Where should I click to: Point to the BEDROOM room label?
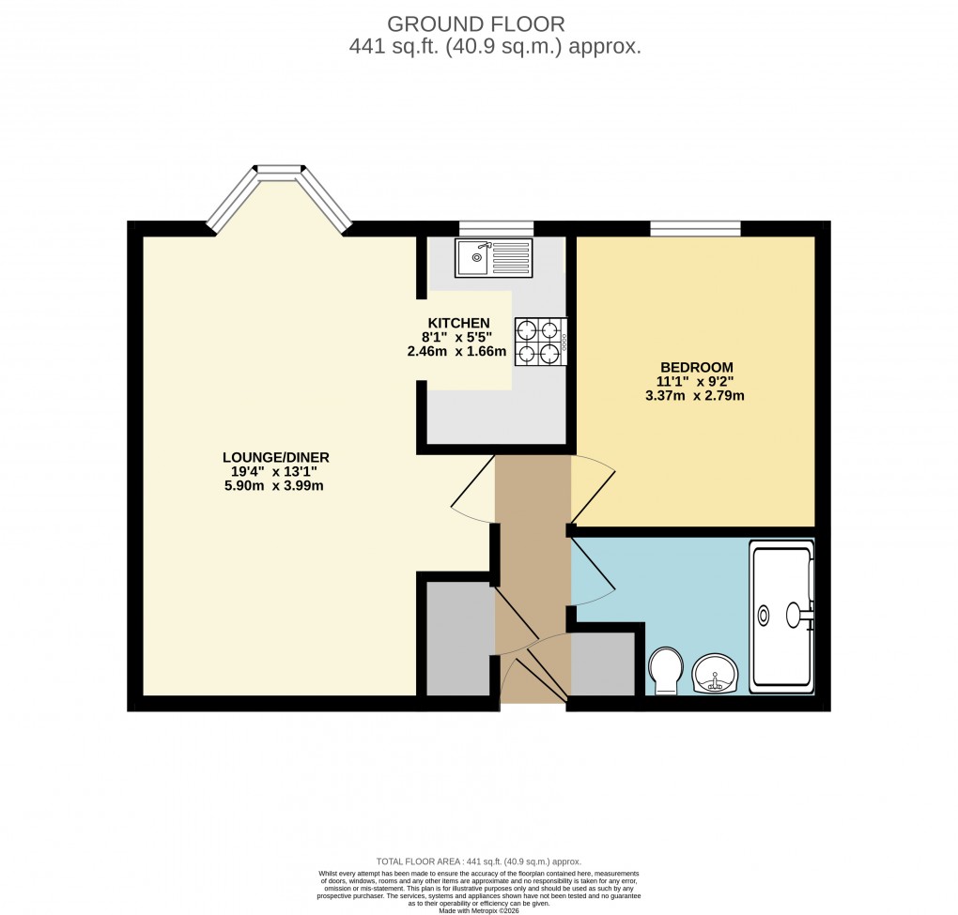point(696,367)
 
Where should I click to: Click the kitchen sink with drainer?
point(493,257)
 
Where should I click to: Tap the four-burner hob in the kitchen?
point(540,340)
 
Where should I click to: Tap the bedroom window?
point(695,227)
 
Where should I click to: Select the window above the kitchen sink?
point(496,227)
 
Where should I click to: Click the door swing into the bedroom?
point(590,488)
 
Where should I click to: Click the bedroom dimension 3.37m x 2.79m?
point(696,396)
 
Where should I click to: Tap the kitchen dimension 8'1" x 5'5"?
point(458,338)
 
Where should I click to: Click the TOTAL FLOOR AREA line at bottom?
point(478,862)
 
